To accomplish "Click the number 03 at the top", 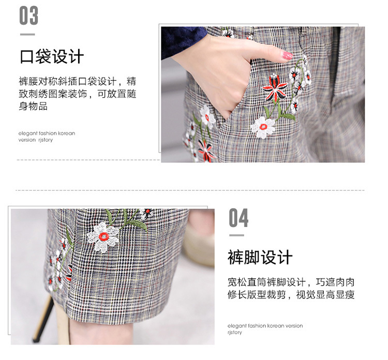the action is coord(28,16).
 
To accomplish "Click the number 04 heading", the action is coord(238,217).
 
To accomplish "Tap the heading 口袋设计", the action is coord(52,57).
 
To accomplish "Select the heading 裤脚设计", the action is coord(260,257).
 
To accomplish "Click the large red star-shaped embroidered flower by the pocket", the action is coord(275,88).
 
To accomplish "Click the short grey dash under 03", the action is coord(27,34).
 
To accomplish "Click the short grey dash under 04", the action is coord(236,235).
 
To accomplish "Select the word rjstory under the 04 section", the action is coord(234,332).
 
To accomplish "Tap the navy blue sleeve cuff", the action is coord(184,42).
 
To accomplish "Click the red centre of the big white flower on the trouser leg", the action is coord(104,237).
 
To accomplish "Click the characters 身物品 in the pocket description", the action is coord(33,107).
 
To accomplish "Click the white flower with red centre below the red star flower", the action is coord(263,127).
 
